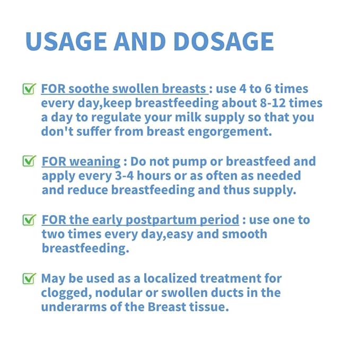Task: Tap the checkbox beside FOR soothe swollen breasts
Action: tap(29, 90)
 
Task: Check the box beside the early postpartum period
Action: tap(29, 220)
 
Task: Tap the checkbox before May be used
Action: tap(29, 278)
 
